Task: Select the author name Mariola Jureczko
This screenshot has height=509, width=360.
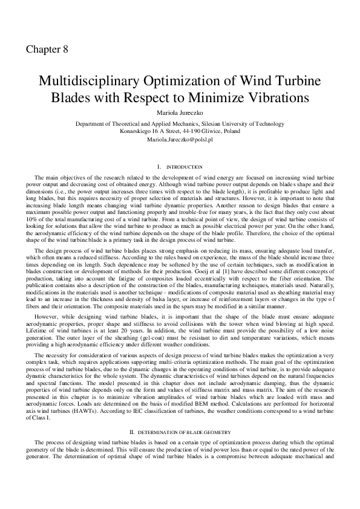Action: pyautogui.click(x=180, y=113)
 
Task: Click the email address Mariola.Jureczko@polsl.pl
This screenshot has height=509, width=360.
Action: pyautogui.click(x=180, y=139)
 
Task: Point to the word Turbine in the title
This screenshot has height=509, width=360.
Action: pyautogui.click(x=286, y=82)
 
